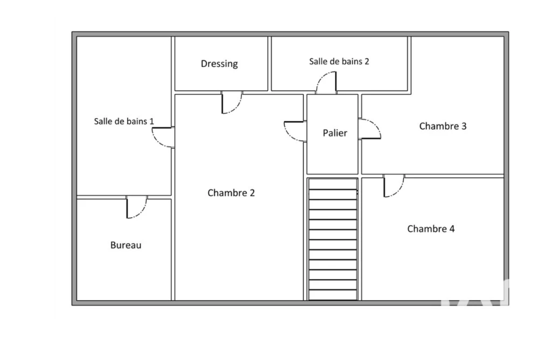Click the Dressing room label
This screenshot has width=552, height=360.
pos(219,64)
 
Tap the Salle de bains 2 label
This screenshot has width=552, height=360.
pos(339,61)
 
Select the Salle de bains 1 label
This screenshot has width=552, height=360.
pos(124,121)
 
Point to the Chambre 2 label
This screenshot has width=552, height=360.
pos(231,193)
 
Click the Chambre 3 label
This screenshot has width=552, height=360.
pos(443,126)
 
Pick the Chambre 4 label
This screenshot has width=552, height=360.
pos(431,229)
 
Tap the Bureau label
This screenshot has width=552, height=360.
pos(126,245)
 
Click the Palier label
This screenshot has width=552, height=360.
pos(335,133)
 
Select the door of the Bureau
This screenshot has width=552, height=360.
pos(136,207)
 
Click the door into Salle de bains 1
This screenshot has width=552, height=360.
pos(163,137)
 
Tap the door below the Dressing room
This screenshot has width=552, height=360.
pos(232,102)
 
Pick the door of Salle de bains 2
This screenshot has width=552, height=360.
pos(326,82)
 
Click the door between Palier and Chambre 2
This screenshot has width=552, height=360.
pos(295,131)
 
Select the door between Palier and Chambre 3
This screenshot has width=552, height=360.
pos(370,129)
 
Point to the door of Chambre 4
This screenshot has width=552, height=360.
pos(394,186)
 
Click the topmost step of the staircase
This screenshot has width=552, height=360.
pos(333,184)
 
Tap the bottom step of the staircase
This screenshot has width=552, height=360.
pos(333,295)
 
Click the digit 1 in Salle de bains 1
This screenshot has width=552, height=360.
pos(151,121)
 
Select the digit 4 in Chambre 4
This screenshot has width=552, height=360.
pos(452,229)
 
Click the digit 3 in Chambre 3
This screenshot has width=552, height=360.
pos(464,126)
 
